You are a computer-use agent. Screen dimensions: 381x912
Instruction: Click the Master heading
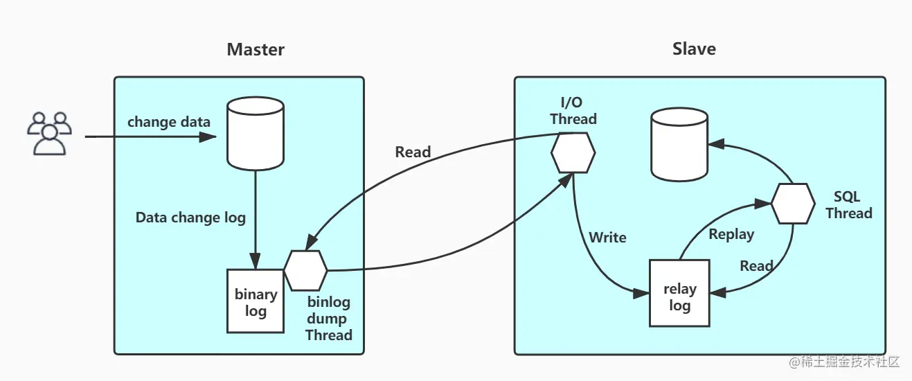click(x=256, y=50)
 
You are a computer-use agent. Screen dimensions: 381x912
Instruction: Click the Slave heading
click(x=694, y=49)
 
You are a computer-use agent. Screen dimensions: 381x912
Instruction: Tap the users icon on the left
click(x=48, y=133)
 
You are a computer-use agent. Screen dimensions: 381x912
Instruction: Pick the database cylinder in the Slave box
click(x=679, y=145)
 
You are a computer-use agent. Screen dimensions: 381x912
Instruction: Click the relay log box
click(x=679, y=293)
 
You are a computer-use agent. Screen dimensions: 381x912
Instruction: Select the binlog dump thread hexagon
click(x=305, y=270)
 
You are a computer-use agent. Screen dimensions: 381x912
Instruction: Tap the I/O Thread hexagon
click(x=573, y=152)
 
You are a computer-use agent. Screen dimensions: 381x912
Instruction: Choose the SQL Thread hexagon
click(x=793, y=204)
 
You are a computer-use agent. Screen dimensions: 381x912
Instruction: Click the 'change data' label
click(x=169, y=122)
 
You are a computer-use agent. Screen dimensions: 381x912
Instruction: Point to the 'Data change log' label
click(x=190, y=218)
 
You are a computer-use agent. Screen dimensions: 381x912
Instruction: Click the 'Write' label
click(x=607, y=238)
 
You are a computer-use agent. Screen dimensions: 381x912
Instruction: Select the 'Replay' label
click(x=731, y=234)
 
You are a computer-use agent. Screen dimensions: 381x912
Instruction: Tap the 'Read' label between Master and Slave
click(x=413, y=152)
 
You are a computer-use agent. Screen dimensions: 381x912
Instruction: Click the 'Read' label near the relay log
click(x=756, y=266)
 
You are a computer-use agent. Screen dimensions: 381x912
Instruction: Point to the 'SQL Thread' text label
click(x=848, y=205)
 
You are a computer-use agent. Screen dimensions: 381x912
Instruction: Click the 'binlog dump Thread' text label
click(x=329, y=319)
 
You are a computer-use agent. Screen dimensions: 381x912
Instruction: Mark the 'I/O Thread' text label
click(x=573, y=111)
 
